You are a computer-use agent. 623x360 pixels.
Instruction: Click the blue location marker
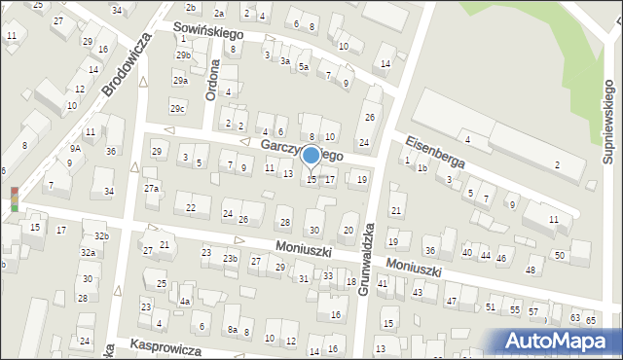point(311,155)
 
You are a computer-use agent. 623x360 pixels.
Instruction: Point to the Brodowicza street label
point(127,63)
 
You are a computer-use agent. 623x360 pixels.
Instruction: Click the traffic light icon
point(14,198)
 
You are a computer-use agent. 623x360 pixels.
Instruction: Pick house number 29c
point(177,107)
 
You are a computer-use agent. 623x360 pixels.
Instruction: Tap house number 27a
point(151,188)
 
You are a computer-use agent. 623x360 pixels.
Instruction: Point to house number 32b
point(102,235)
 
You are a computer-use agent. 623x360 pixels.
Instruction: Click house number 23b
point(230,259)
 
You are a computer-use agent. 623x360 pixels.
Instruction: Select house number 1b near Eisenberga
point(422,168)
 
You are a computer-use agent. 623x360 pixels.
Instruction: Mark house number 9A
point(74,148)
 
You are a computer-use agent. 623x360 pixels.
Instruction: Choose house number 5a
point(304,67)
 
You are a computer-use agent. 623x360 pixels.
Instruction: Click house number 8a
point(233,330)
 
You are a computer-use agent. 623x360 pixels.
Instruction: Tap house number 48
point(531,270)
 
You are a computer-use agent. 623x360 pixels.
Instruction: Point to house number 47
point(451,302)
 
